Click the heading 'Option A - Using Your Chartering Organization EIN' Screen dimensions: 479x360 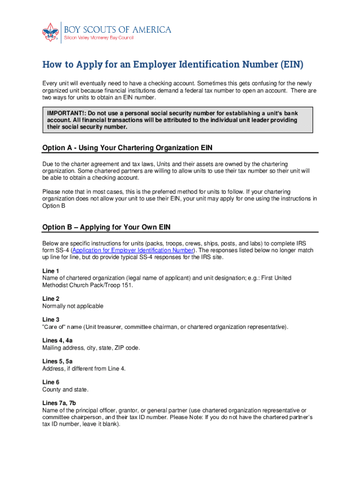[x=127, y=148]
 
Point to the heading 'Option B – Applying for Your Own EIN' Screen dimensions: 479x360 [x=107, y=227]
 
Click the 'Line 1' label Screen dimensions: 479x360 [x=50, y=271]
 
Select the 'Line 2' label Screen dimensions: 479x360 [x=50, y=299]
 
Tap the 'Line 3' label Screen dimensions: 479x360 [x=50, y=320]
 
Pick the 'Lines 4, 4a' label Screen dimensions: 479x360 [x=57, y=341]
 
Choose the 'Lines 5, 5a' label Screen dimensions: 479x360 [x=57, y=362]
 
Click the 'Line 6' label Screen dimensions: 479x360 [x=50, y=382]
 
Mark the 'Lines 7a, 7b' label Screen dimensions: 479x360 [x=59, y=403]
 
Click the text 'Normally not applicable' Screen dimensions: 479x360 [x=72, y=306]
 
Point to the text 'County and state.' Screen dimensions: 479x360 [x=65, y=389]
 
